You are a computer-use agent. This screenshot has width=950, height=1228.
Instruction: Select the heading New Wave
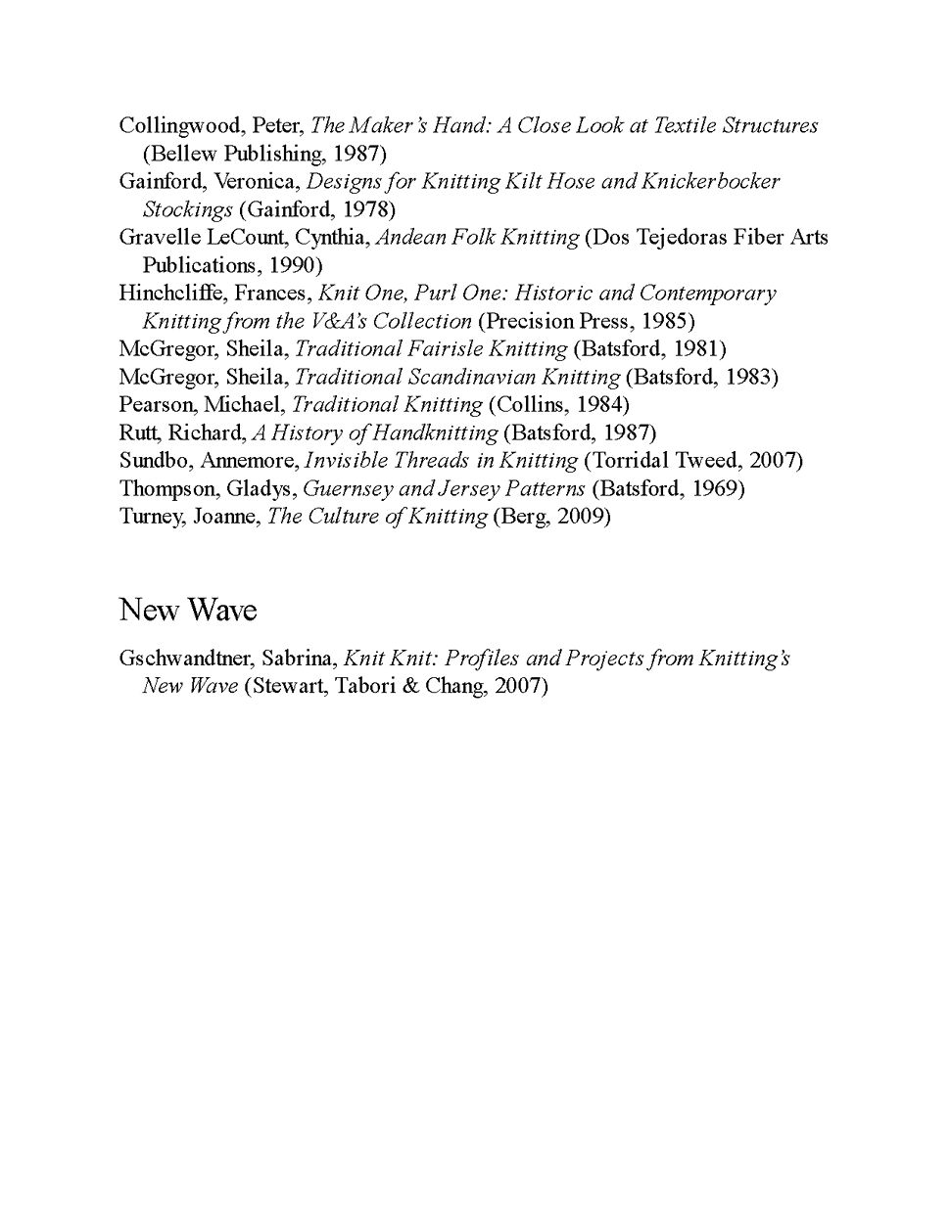(x=188, y=611)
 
